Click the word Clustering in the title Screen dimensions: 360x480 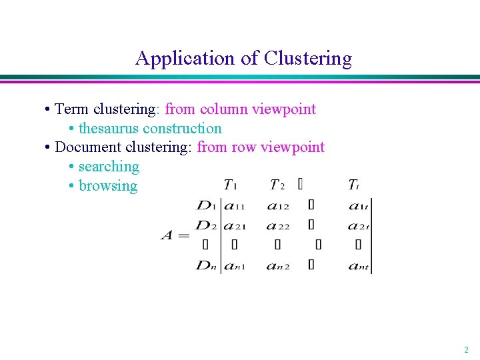click(x=307, y=59)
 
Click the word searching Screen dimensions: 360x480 click(x=109, y=167)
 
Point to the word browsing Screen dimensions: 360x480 click(x=108, y=186)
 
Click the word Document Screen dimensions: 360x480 click(x=88, y=147)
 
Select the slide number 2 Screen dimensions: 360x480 click(x=466, y=349)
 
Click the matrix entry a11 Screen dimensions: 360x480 click(x=233, y=207)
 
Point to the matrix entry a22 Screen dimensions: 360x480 click(x=277, y=225)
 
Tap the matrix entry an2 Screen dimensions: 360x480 click(x=277, y=266)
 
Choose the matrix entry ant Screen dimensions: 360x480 click(x=360, y=266)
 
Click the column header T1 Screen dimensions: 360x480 click(x=231, y=185)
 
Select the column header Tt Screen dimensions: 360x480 click(x=353, y=185)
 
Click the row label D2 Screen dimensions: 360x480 click(x=206, y=225)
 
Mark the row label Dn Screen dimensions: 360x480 click(x=206, y=265)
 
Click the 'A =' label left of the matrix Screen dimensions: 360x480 click(x=175, y=236)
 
